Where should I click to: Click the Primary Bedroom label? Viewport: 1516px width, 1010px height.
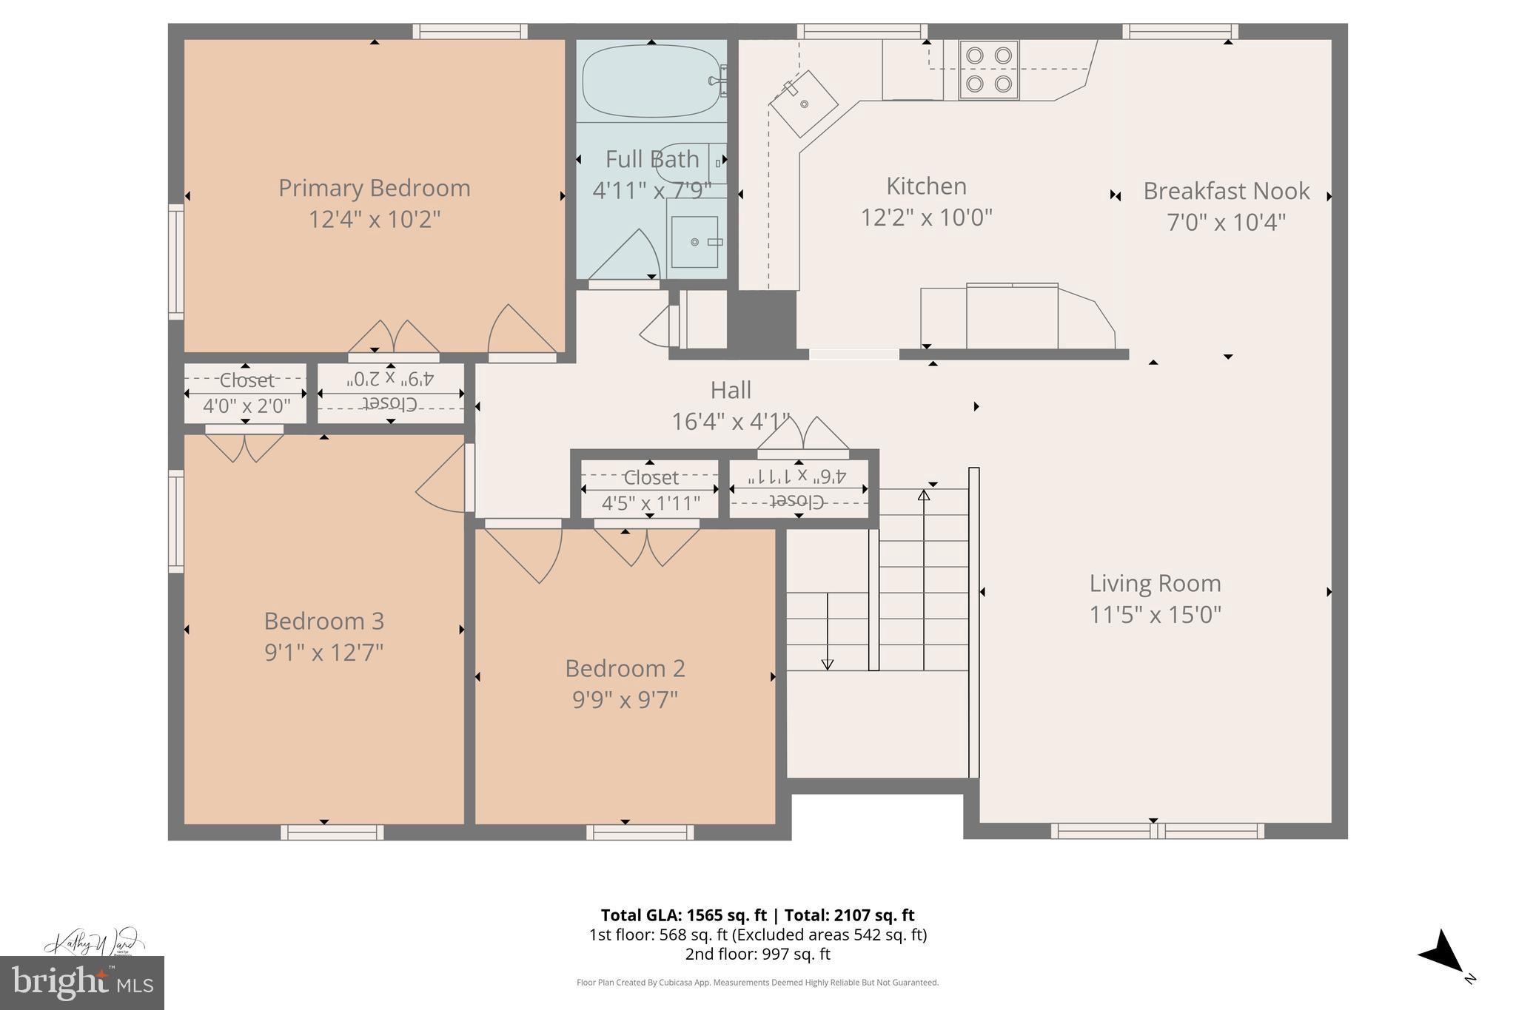click(374, 188)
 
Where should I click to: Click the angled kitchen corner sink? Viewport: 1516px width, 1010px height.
click(803, 104)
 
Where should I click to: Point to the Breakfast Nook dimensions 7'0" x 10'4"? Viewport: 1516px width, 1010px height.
click(1226, 222)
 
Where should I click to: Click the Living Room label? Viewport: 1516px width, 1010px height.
click(1155, 583)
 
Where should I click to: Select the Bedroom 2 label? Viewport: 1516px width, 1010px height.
click(625, 668)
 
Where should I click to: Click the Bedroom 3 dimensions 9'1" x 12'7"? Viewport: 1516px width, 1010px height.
click(323, 653)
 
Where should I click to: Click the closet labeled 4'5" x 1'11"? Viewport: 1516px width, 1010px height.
click(650, 490)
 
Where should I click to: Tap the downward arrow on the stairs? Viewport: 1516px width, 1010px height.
click(828, 664)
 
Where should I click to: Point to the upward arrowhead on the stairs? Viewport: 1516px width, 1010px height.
click(924, 495)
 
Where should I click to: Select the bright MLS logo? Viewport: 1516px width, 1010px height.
click(82, 982)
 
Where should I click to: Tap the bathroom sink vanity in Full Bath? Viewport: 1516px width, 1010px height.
click(694, 242)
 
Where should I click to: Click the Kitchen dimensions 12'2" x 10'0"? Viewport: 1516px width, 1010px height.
click(926, 218)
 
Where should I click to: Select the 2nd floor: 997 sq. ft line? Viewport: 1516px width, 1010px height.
click(757, 954)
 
